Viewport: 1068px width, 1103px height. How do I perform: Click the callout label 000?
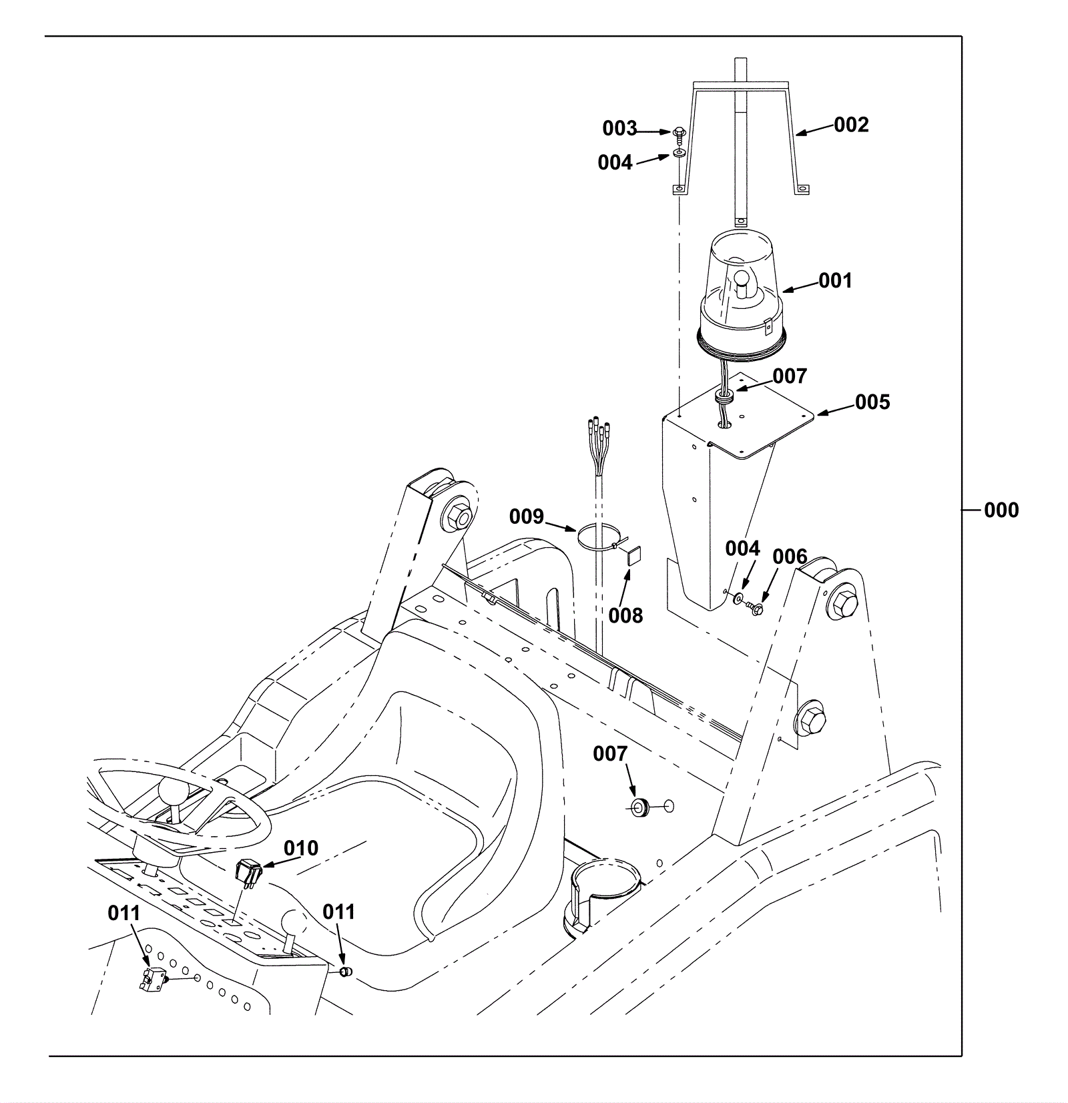pyautogui.click(x=1001, y=510)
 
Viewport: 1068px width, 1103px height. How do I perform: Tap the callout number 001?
pyautogui.click(x=835, y=281)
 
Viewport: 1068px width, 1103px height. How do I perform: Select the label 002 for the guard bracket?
pyautogui.click(x=852, y=125)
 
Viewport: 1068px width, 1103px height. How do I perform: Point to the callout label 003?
pyautogui.click(x=619, y=128)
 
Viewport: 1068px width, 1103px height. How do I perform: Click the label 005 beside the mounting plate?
pyautogui.click(x=872, y=402)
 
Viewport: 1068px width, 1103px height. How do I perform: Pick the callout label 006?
pyautogui.click(x=790, y=557)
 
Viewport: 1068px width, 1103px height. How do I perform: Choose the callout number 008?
pyautogui.click(x=625, y=615)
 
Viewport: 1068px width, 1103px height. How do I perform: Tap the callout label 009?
pyautogui.click(x=527, y=516)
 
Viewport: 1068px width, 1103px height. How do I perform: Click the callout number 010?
pyautogui.click(x=301, y=848)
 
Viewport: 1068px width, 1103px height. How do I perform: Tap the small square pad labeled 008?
pyautogui.click(x=633, y=555)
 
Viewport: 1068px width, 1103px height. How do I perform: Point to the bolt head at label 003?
pyautogui.click(x=678, y=133)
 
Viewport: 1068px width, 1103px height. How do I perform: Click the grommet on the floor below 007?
pyautogui.click(x=641, y=806)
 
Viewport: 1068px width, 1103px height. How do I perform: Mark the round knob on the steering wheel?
pyautogui.click(x=172, y=792)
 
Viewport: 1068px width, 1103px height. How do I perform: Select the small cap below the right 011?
pyautogui.click(x=345, y=972)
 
